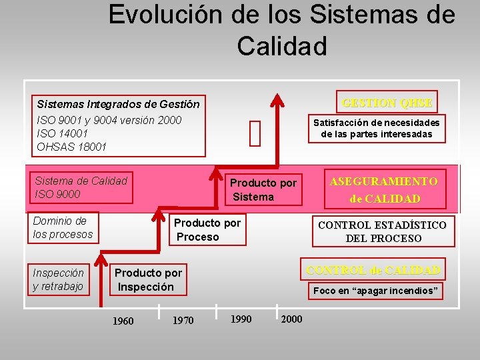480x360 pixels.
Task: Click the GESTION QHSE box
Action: tap(387, 103)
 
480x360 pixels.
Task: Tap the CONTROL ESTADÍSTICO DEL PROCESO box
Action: tap(382, 231)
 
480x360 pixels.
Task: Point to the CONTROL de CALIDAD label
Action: tap(373, 269)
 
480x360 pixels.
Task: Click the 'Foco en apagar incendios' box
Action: tap(375, 291)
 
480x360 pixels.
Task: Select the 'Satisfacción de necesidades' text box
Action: tap(377, 128)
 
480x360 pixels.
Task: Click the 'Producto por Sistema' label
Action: tap(262, 190)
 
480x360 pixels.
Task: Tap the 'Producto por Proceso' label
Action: tap(206, 229)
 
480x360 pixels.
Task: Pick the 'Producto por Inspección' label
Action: tap(147, 280)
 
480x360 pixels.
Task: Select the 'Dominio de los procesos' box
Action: tap(64, 227)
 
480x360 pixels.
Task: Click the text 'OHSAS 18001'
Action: tap(71, 147)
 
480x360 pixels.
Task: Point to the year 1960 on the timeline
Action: tap(123, 321)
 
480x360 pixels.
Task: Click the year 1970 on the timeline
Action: tap(183, 321)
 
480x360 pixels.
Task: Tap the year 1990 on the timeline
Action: tap(241, 319)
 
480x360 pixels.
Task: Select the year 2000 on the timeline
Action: tap(291, 319)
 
